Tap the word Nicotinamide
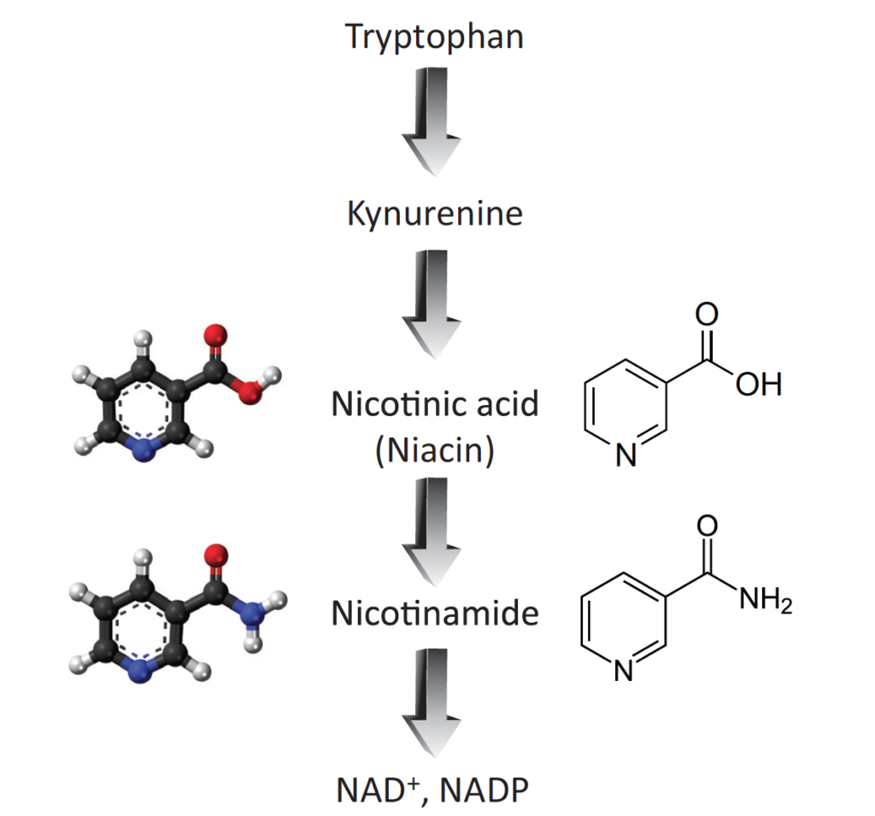(434, 613)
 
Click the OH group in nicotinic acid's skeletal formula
(759, 385)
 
